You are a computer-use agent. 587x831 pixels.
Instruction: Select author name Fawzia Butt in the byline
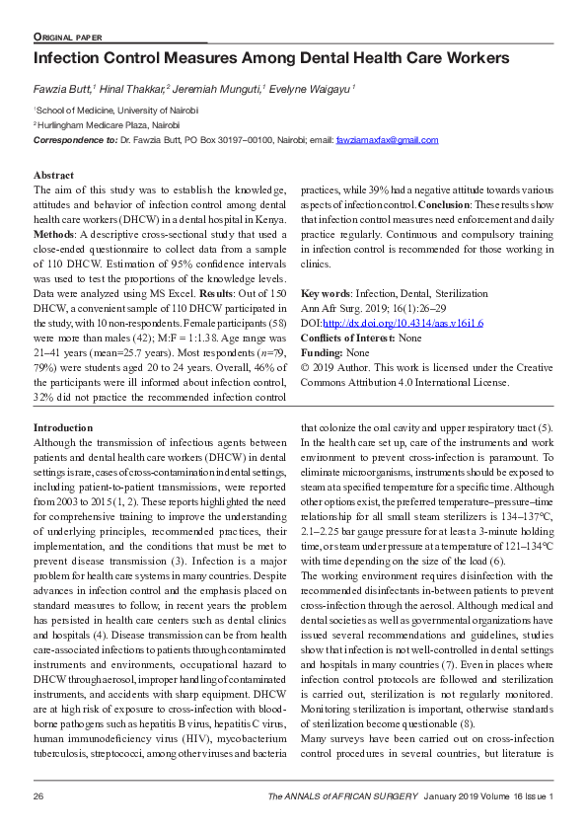(x=63, y=89)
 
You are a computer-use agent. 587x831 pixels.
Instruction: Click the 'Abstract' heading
(x=53, y=175)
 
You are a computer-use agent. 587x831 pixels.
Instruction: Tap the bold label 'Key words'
(x=325, y=295)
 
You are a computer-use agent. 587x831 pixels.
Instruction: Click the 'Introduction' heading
(x=62, y=427)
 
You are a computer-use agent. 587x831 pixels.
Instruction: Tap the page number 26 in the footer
(x=39, y=795)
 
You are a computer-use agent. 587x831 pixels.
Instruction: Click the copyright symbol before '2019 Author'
(x=305, y=366)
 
